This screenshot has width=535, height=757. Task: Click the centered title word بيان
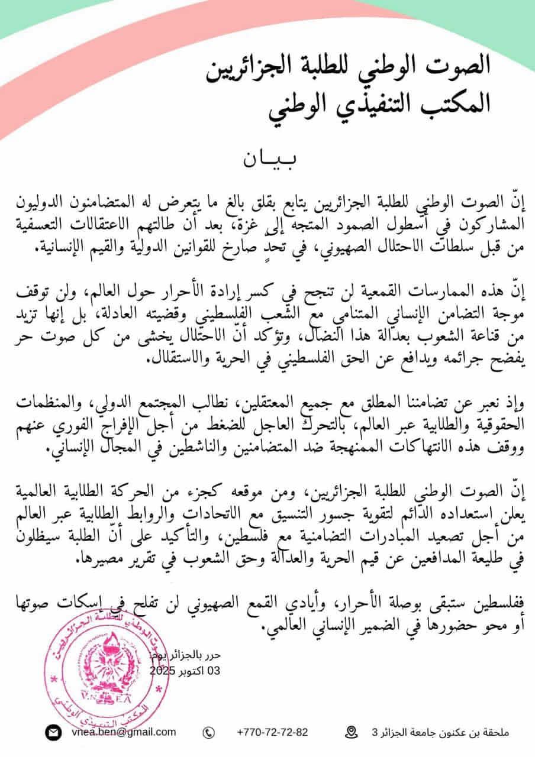(267, 160)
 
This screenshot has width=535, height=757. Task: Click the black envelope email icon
(53, 732)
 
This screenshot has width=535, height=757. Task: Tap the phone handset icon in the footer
(208, 733)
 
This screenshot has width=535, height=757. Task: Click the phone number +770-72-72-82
(272, 732)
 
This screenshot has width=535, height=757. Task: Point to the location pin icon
(353, 732)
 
